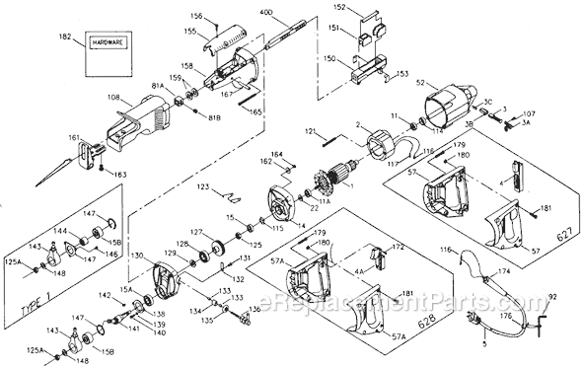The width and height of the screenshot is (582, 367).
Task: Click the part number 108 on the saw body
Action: [x=113, y=99]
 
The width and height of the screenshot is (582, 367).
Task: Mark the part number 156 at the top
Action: [x=195, y=16]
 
